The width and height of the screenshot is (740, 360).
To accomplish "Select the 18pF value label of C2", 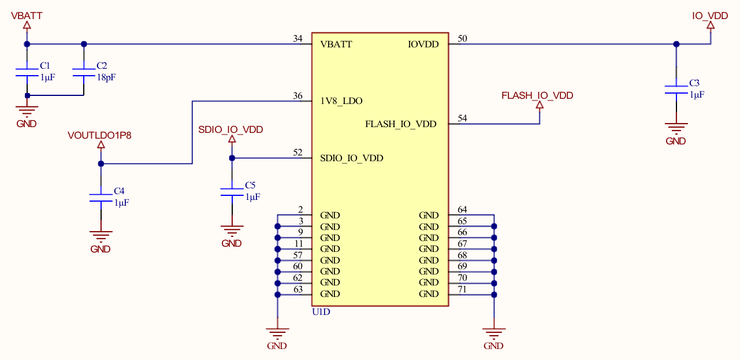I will [106, 77].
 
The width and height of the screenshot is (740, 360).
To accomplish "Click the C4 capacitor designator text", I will [119, 191].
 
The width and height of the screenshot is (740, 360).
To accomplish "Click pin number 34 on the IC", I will [298, 39].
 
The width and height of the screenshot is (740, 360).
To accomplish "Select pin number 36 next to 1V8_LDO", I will [298, 96].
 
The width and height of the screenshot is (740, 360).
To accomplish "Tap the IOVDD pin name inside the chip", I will [423, 44].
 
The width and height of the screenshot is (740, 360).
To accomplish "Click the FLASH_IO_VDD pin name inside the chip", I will [400, 124].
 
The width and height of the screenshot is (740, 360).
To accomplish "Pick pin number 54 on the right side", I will [462, 118].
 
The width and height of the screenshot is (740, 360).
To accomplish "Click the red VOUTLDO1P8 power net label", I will [100, 136].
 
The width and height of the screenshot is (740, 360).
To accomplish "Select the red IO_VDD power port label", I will [710, 16].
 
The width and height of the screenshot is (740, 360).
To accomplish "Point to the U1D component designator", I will [321, 312].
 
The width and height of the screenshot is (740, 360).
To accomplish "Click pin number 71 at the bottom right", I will [462, 289].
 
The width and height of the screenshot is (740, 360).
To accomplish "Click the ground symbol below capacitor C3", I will [676, 128].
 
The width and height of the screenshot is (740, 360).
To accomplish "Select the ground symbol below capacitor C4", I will [101, 236].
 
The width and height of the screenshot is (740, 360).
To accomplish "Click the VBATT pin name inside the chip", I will [336, 44].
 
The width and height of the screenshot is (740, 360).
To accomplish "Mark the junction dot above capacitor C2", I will [84, 44].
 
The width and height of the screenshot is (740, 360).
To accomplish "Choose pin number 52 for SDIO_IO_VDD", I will [298, 153].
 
